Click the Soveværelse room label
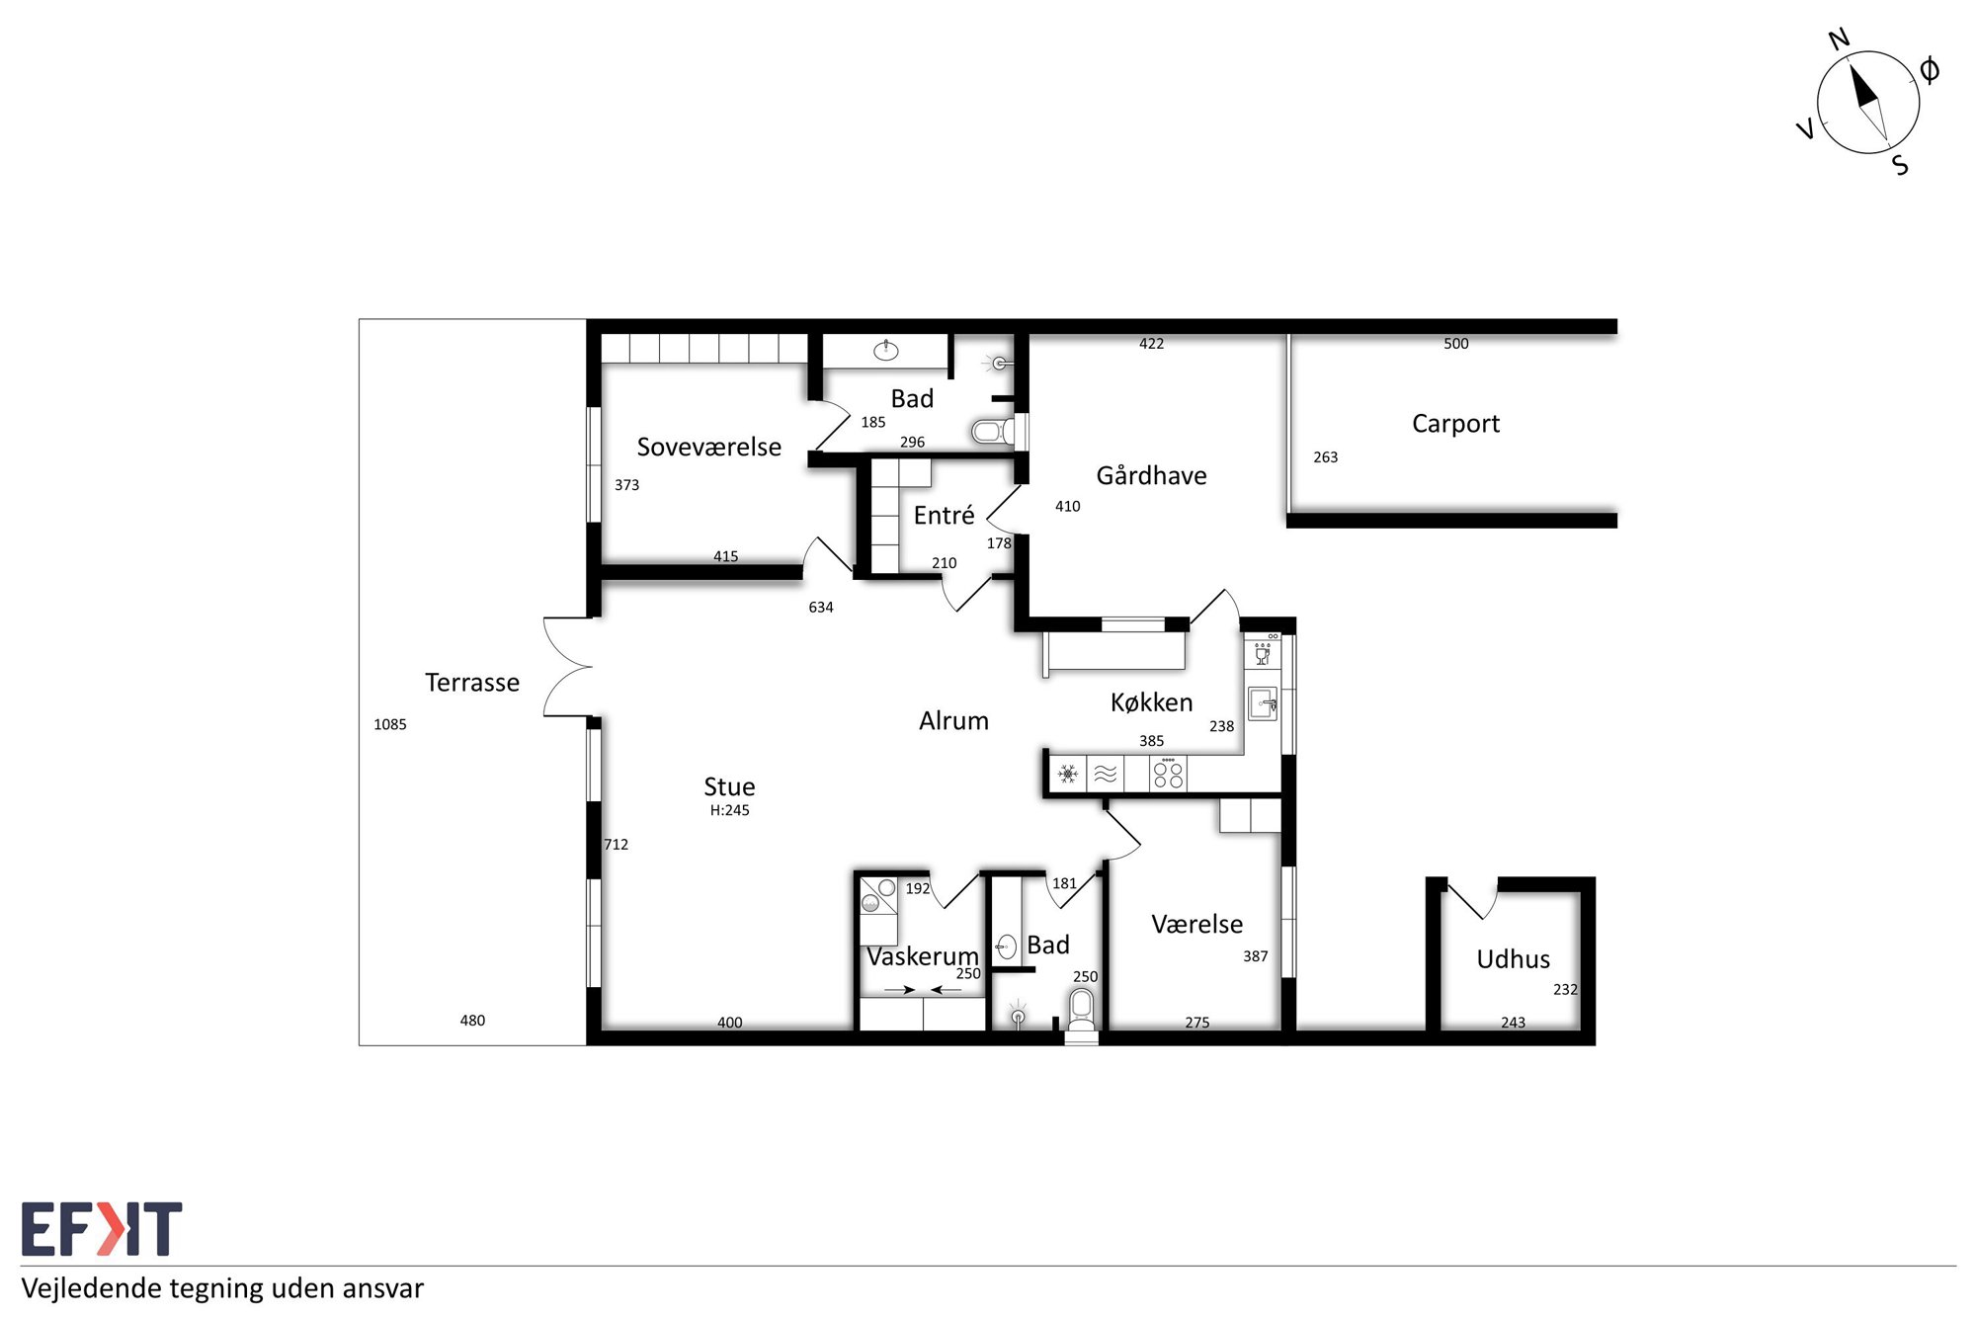point(708,448)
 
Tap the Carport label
point(1455,425)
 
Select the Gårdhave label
point(1151,475)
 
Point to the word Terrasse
point(472,683)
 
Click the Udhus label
point(1513,959)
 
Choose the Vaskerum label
point(922,956)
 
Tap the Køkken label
point(1151,702)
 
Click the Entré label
point(944,515)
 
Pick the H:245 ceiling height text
point(729,810)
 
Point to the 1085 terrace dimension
point(390,724)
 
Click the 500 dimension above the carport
point(1456,344)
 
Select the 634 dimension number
point(821,608)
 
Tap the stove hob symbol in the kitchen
point(1168,774)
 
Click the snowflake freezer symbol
point(1068,774)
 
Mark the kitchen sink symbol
point(1263,703)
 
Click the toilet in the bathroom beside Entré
point(993,432)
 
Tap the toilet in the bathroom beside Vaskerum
point(1082,1010)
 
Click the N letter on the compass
point(1839,40)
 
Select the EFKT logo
point(102,1229)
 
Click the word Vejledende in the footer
point(92,1288)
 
